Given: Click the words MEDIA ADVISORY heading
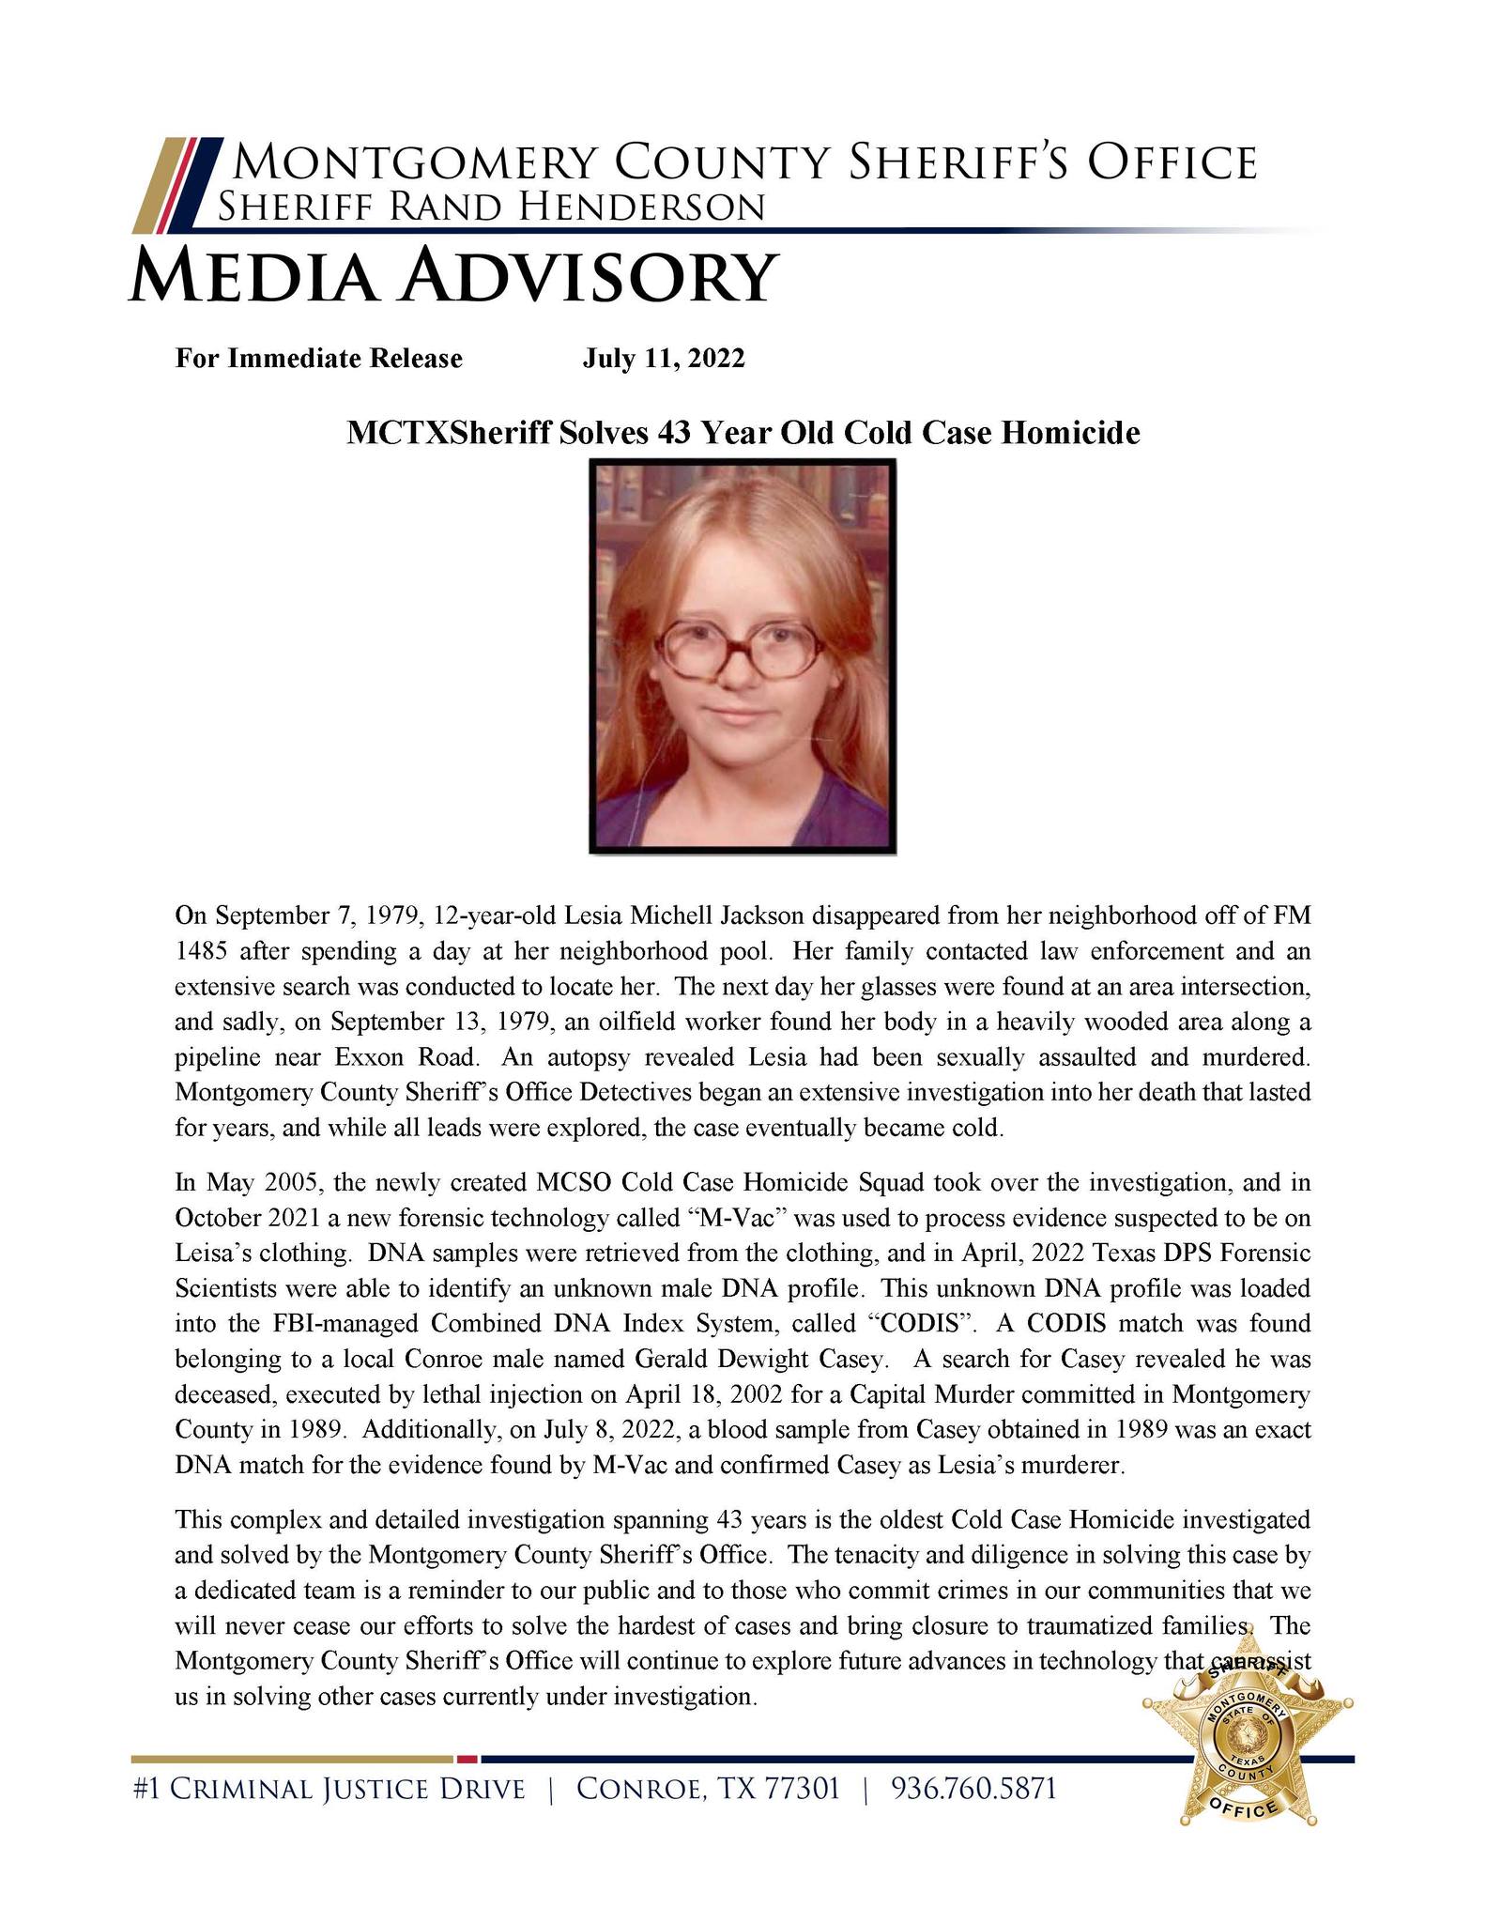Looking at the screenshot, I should [x=452, y=275].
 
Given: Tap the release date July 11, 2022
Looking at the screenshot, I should [x=664, y=359].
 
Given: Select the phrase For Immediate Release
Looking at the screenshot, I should [x=319, y=359].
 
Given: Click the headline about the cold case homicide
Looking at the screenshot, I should [x=743, y=433].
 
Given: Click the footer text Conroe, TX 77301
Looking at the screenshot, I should [x=708, y=1789].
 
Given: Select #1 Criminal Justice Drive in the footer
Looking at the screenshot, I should [x=329, y=1789].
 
